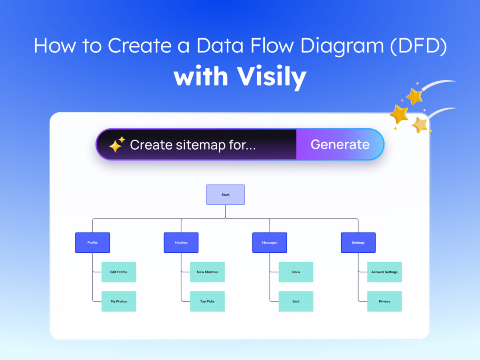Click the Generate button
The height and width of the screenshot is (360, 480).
pos(340,144)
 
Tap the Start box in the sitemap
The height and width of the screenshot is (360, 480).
pos(225,195)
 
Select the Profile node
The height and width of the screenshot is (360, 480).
pos(92,243)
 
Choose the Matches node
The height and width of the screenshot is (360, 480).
pos(181,243)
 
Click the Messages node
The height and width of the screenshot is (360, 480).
pos(270,243)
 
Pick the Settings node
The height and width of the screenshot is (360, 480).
pos(358,243)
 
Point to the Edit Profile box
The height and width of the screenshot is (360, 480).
pos(119,272)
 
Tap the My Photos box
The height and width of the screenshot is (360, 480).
pos(119,301)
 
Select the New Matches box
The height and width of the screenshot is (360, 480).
pos(207,272)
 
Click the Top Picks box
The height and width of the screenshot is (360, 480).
pos(207,301)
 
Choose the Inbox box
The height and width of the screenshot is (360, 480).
pos(296,272)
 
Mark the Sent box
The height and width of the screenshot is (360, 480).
pos(296,301)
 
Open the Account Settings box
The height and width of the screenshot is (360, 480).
pos(384,272)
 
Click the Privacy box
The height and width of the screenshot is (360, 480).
pos(384,301)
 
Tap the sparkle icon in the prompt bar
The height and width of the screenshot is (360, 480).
pos(117,145)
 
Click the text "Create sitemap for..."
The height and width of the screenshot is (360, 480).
pos(193,145)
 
